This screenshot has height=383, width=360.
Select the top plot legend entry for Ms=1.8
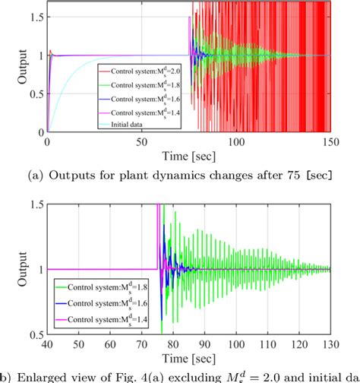[141, 85]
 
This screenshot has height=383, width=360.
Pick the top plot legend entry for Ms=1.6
[141, 99]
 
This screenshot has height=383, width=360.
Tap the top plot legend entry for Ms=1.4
[141, 112]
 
